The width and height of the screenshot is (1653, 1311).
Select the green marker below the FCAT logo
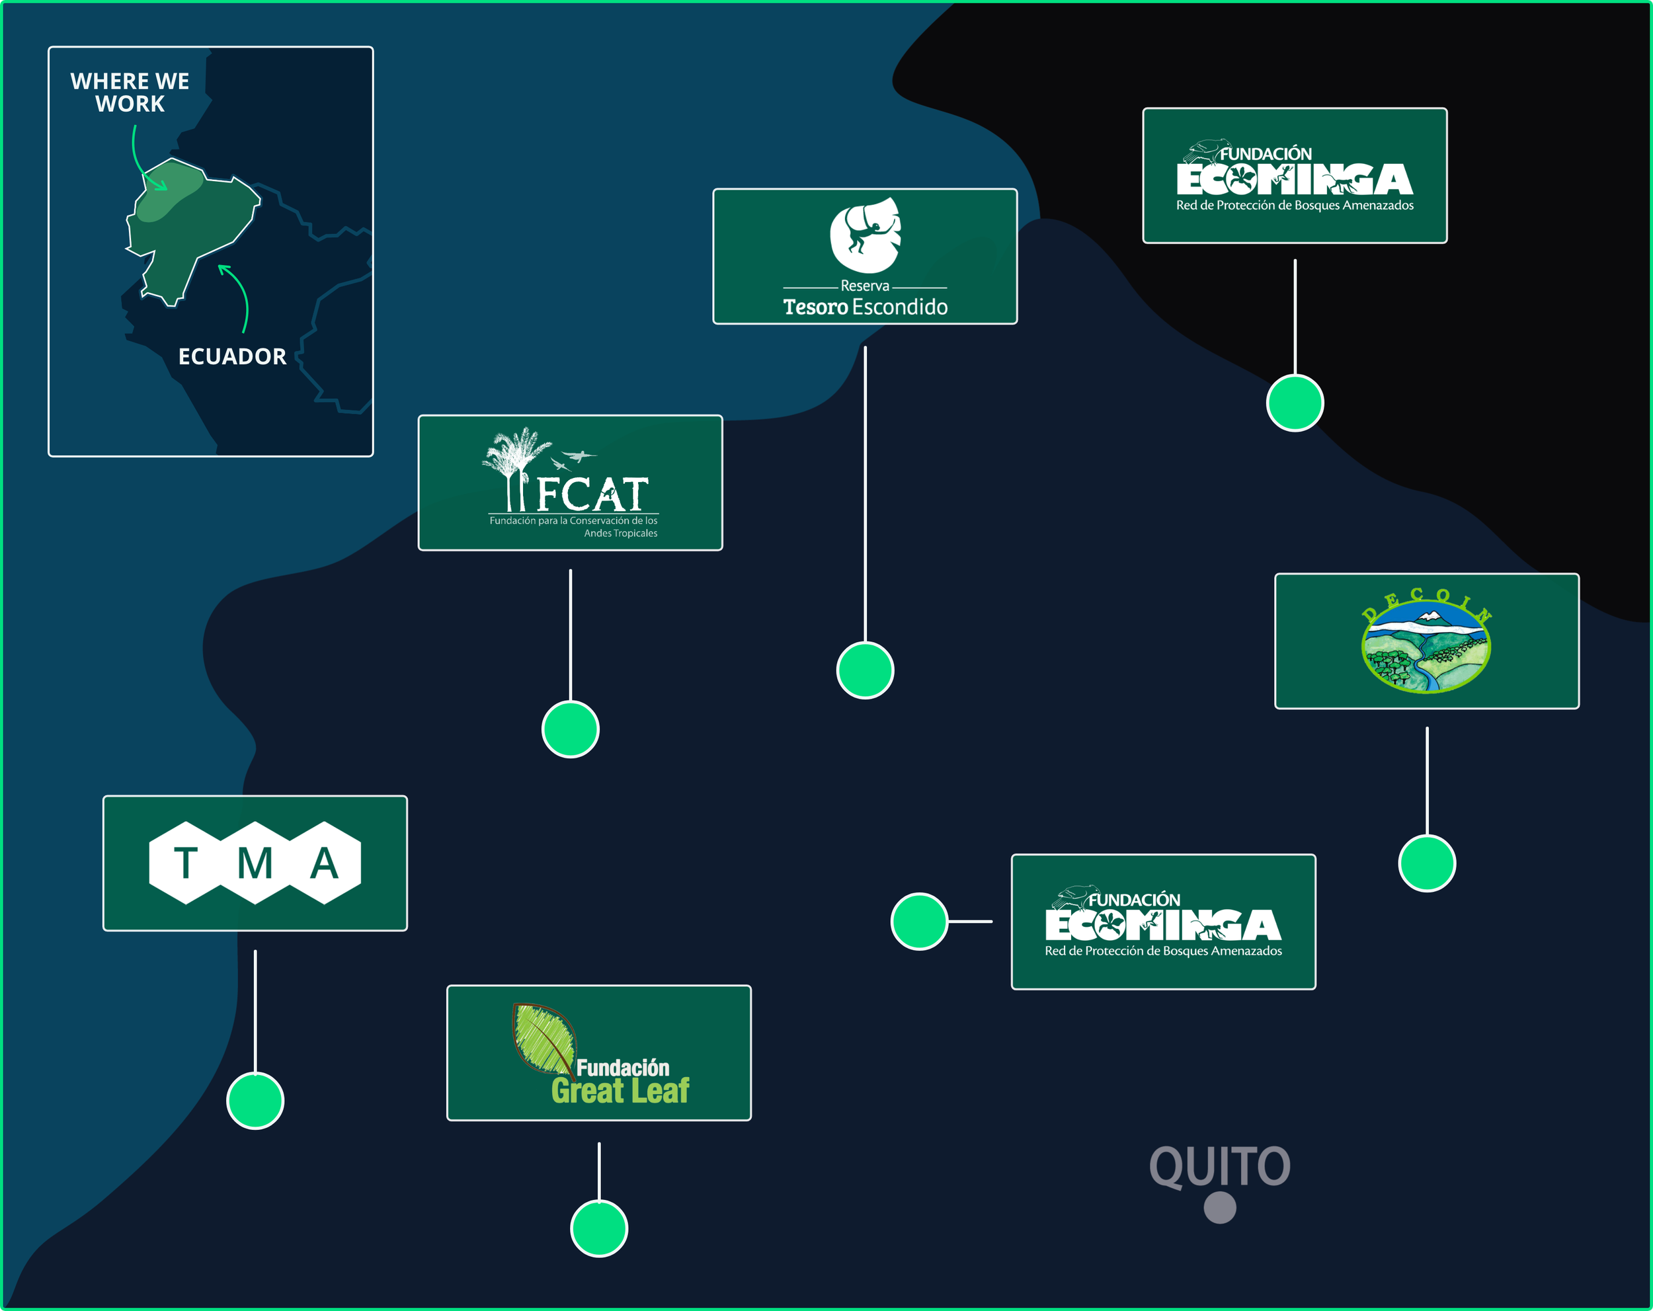[571, 729]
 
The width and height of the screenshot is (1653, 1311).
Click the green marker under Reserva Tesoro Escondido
[865, 670]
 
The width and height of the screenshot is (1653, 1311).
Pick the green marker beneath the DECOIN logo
[1427, 863]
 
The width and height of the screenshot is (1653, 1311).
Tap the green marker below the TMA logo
[255, 1100]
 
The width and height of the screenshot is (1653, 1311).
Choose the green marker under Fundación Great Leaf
[599, 1228]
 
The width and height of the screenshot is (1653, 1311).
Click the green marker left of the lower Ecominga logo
[919, 921]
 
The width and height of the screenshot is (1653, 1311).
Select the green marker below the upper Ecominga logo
[1295, 403]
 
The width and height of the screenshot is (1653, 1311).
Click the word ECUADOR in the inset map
[232, 356]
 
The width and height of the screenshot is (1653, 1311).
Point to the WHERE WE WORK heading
[130, 92]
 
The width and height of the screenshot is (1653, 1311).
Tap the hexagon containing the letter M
[255, 863]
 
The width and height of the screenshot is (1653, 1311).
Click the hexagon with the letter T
[186, 863]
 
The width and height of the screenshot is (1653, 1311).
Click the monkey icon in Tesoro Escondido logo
[865, 235]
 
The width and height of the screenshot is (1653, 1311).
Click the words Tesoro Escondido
[865, 307]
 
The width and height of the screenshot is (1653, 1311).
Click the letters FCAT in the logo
[592, 495]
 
